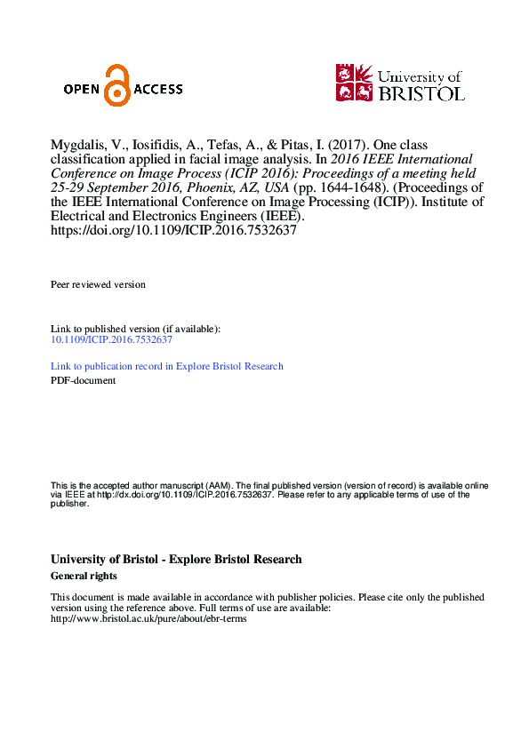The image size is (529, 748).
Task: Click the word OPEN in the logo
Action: tap(83, 89)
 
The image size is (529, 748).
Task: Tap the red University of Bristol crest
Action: tap(355, 82)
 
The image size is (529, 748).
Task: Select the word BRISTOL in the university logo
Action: tap(421, 92)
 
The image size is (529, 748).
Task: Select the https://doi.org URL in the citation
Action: tap(173, 230)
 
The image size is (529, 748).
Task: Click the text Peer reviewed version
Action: tap(98, 284)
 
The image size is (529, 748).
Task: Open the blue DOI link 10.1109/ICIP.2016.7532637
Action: tap(111, 339)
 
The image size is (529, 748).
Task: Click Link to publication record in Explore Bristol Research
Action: tap(167, 366)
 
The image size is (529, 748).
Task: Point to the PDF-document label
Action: tap(83, 380)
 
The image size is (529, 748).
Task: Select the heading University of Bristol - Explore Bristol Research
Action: tap(176, 560)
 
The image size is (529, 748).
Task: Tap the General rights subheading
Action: tap(84, 576)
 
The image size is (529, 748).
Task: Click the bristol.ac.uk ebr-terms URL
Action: tap(148, 619)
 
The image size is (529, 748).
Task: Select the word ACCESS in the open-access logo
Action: tap(157, 89)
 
